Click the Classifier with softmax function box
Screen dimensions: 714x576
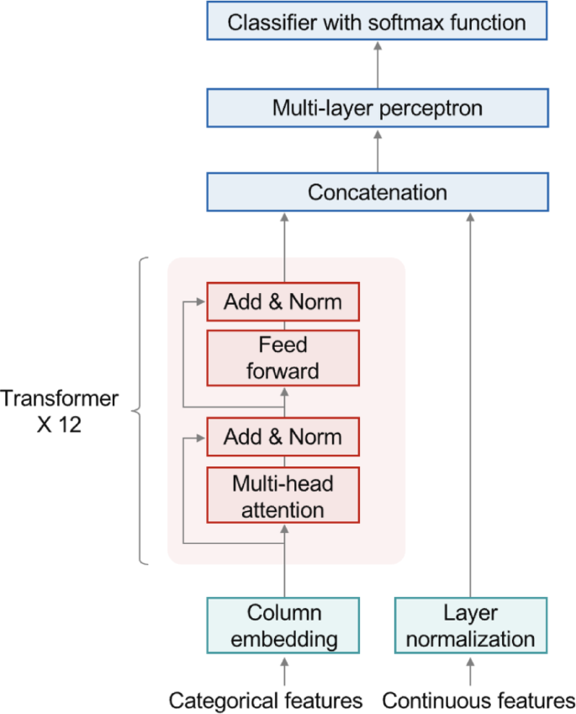[x=377, y=22]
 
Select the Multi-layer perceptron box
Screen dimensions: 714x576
[x=377, y=108]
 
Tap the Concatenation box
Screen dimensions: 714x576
[x=377, y=192]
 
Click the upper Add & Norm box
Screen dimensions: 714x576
[x=283, y=301]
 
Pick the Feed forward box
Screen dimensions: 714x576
[x=283, y=357]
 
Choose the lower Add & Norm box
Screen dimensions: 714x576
[x=283, y=437]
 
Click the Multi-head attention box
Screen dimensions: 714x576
[x=283, y=496]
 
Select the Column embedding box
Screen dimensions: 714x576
[x=283, y=625]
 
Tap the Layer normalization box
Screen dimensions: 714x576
[x=470, y=625]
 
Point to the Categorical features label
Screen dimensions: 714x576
[x=266, y=700]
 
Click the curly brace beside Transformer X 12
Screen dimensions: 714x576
[x=140, y=411]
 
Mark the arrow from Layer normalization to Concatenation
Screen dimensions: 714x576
[x=470, y=404]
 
